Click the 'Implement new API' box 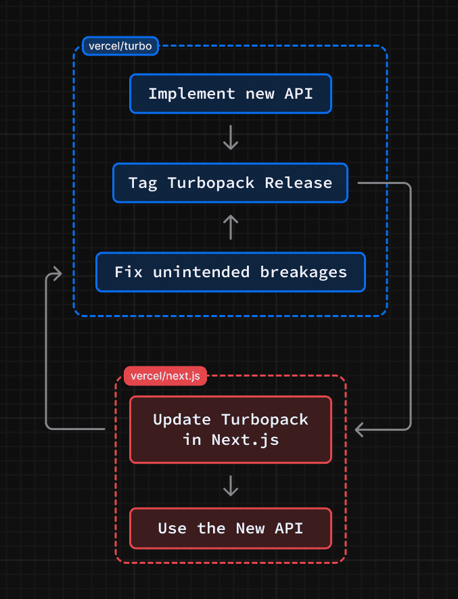(231, 93)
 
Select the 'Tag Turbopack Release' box (231, 183)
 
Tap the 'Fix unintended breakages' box (231, 272)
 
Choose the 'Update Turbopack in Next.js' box (231, 429)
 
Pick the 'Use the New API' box (231, 528)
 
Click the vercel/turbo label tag (120, 46)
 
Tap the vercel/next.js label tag (165, 376)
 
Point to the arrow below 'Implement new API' (231, 138)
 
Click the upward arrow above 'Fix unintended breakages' (231, 227)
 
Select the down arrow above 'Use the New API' (231, 485)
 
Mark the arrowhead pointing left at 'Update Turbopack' (361, 429)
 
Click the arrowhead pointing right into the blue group (56, 273)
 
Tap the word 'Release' (298, 183)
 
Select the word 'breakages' (303, 272)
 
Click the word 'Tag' (143, 183)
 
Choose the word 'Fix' (128, 272)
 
